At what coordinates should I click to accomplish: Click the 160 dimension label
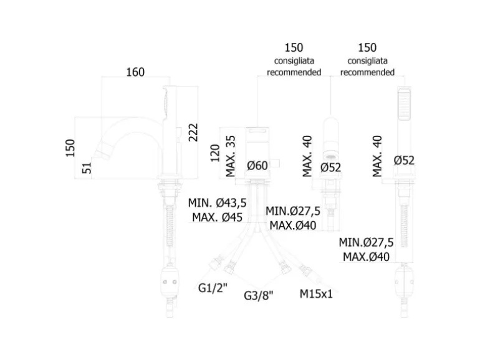[135, 72]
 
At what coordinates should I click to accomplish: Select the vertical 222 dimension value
[193, 131]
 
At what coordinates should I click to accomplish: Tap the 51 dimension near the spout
[88, 167]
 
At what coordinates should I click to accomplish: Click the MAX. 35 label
[231, 156]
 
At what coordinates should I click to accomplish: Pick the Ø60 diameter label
[257, 165]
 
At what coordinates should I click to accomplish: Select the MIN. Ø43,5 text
[216, 203]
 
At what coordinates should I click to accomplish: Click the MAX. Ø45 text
[217, 217]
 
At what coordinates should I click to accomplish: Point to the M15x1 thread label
[316, 293]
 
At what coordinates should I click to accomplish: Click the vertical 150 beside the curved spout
[70, 148]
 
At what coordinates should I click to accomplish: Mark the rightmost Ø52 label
[404, 161]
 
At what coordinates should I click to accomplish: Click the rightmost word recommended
[367, 72]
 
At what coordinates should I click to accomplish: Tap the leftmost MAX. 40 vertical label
[307, 156]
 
